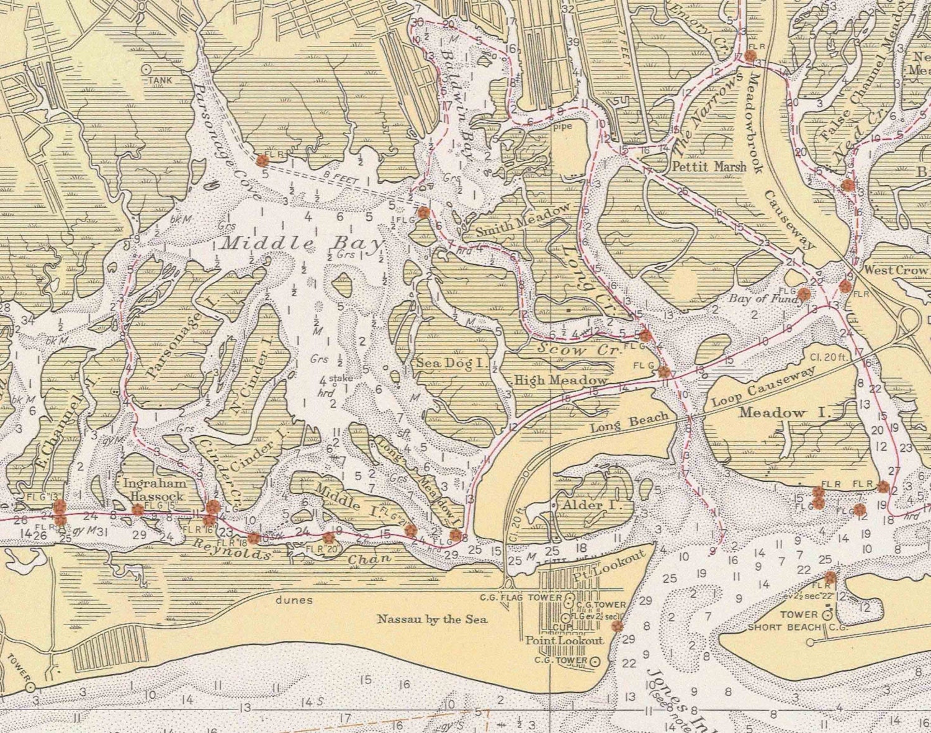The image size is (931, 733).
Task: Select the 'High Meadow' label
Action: tap(560, 380)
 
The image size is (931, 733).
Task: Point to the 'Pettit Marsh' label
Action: tap(709, 166)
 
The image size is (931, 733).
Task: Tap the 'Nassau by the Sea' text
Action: tap(432, 619)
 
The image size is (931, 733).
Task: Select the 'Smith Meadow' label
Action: tap(523, 220)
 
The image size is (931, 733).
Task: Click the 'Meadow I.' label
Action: tap(781, 413)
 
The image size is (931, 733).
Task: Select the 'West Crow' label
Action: tap(895, 270)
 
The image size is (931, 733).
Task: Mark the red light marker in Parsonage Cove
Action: tap(262, 160)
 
